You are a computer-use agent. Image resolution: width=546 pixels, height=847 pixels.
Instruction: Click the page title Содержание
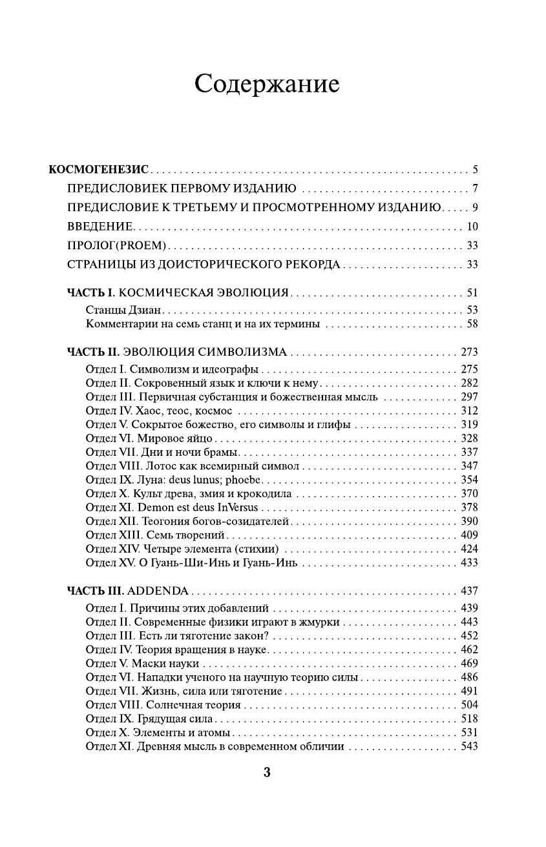(267, 85)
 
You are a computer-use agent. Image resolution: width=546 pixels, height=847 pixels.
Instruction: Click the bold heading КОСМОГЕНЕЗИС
(100, 170)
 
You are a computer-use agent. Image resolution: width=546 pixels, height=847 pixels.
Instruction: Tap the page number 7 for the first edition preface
(474, 189)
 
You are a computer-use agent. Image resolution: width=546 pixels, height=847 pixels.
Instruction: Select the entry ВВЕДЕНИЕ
(100, 227)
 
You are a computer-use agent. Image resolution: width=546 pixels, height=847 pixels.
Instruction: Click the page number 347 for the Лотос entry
(469, 466)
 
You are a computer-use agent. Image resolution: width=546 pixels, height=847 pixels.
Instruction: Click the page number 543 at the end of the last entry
(469, 747)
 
